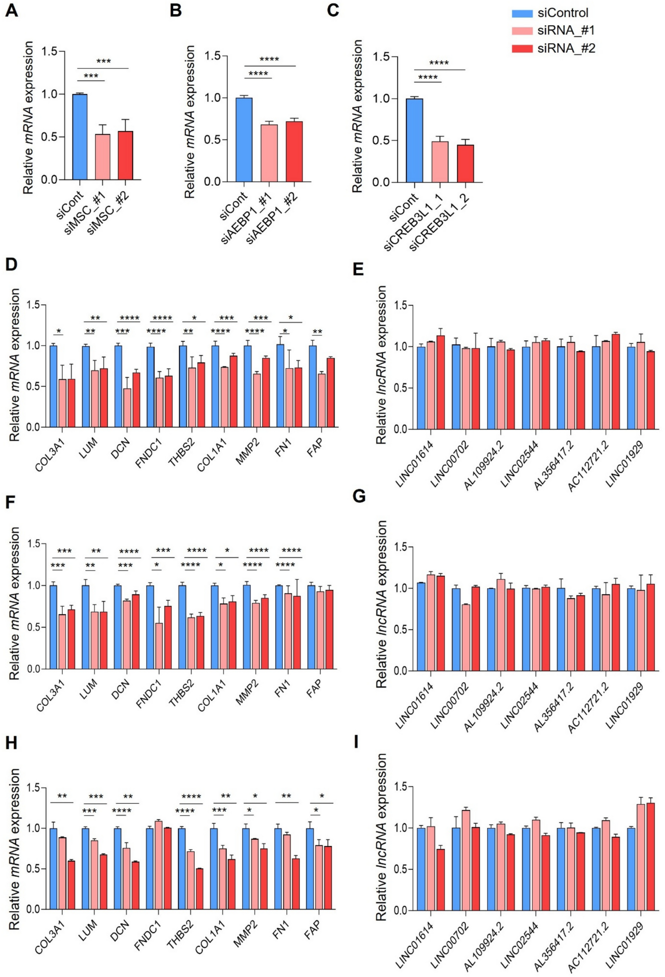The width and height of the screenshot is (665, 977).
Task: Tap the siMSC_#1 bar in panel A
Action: pos(103,157)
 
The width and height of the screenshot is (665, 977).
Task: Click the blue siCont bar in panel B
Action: pos(244,139)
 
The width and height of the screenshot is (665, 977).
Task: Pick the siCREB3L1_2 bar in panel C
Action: pos(465,163)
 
